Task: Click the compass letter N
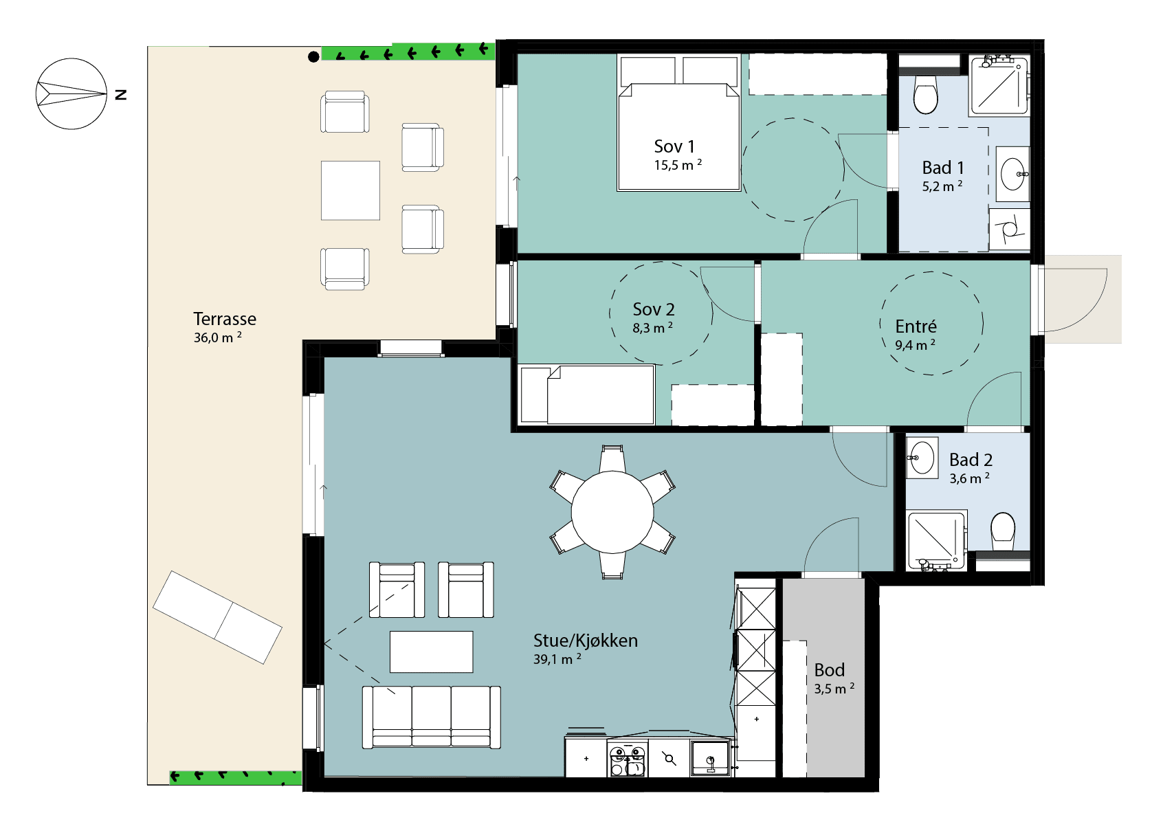click(121, 95)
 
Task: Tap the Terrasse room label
click(225, 319)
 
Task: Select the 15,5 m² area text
click(678, 164)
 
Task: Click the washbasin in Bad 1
click(1012, 175)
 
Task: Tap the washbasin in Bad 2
click(922, 458)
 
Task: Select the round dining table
click(612, 512)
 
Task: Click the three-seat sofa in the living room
click(432, 717)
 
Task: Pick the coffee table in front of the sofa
click(431, 652)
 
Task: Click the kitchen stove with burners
click(627, 758)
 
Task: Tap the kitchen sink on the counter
click(710, 758)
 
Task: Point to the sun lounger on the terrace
click(217, 617)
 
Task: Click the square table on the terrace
click(351, 190)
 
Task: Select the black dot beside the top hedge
click(313, 57)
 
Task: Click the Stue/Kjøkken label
click(585, 641)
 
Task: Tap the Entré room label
click(916, 326)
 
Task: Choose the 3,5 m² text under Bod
click(834, 689)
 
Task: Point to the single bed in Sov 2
click(586, 395)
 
